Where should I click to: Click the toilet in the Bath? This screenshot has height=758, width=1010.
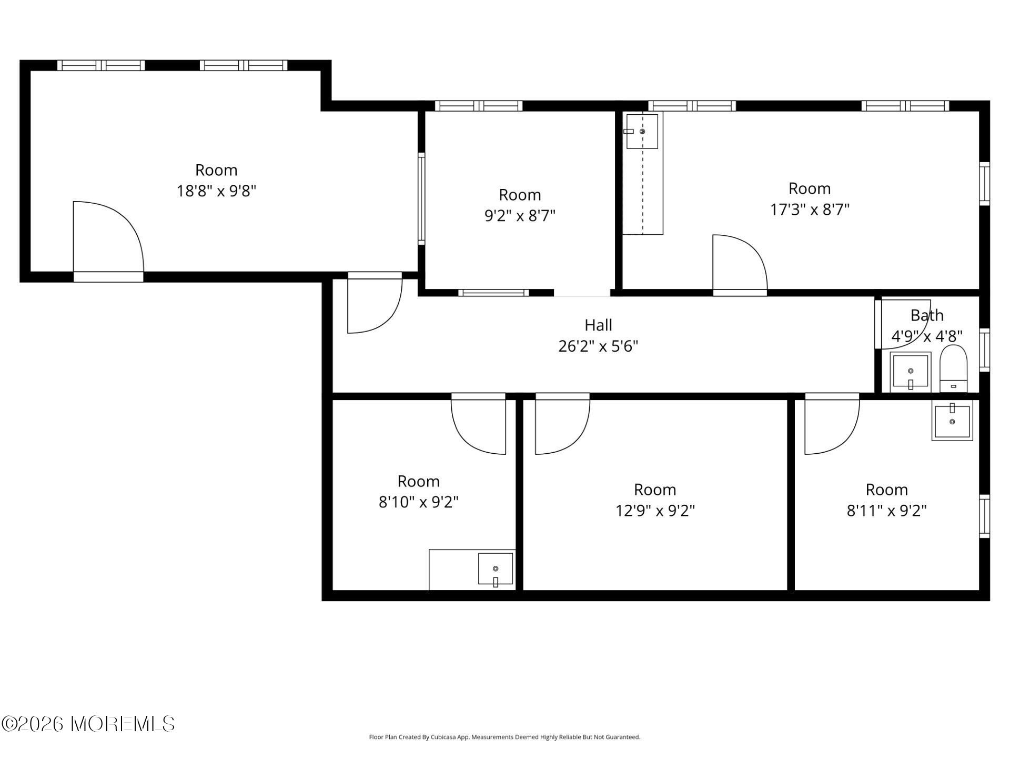(953, 368)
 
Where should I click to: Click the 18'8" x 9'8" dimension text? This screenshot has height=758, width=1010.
(216, 191)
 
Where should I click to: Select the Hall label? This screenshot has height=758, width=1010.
(598, 325)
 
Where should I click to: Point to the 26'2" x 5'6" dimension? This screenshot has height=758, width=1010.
(598, 346)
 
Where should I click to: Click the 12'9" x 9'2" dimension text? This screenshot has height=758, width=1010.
(655, 511)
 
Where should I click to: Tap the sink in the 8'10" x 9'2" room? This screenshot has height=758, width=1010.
(496, 568)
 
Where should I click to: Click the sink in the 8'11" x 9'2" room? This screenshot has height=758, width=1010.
(952, 420)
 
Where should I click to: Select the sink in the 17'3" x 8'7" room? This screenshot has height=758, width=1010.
(642, 132)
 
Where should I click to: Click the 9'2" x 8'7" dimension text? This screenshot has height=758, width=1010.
(520, 215)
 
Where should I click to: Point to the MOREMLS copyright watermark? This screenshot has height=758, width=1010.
(88, 724)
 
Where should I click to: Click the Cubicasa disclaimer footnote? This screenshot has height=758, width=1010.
(504, 737)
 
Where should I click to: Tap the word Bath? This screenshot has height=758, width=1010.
(927, 315)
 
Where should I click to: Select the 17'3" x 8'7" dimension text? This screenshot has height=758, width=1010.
(810, 210)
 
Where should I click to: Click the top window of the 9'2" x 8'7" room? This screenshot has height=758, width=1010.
(479, 106)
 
